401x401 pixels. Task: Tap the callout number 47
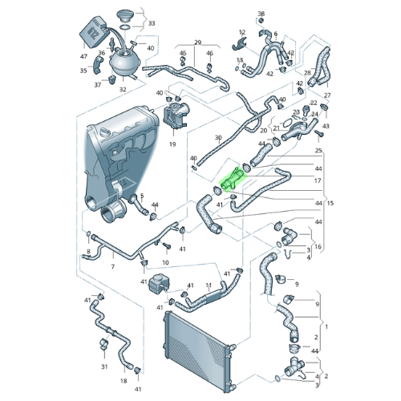pyautogui.click(x=83, y=56)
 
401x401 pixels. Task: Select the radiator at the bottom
pyautogui.click(x=197, y=353)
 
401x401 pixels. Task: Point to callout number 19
pyautogui.click(x=172, y=144)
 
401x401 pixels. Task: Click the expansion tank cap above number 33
pyautogui.click(x=124, y=17)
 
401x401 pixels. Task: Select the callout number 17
pyautogui.click(x=318, y=180)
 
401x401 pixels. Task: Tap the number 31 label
pyautogui.click(x=104, y=367)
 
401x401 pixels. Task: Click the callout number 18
pyautogui.click(x=124, y=380)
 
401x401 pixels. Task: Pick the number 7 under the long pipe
pyautogui.click(x=113, y=266)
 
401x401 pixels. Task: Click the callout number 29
pyautogui.click(x=197, y=43)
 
